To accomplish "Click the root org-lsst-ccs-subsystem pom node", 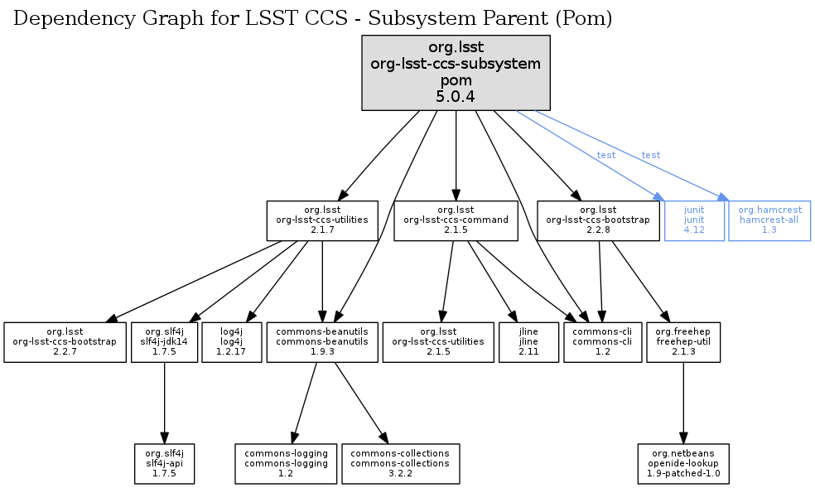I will pyautogui.click(x=456, y=73).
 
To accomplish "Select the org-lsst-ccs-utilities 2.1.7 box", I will pyautogui.click(x=322, y=220).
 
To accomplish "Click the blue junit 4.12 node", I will pyautogui.click(x=694, y=220).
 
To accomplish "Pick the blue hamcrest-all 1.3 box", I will pyautogui.click(x=769, y=220).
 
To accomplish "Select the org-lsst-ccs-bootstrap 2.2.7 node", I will pyautogui.click(x=64, y=342).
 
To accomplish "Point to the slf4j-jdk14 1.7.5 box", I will pyautogui.click(x=165, y=342).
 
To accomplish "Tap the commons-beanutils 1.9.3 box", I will pyautogui.click(x=322, y=342).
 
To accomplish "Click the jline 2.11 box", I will pyautogui.click(x=528, y=342).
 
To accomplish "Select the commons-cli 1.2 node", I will pyautogui.click(x=602, y=342).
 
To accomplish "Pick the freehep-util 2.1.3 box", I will pyautogui.click(x=683, y=342).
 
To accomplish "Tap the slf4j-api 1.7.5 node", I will pyautogui.click(x=165, y=464).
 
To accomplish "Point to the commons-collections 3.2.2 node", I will pyautogui.click(x=400, y=464).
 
